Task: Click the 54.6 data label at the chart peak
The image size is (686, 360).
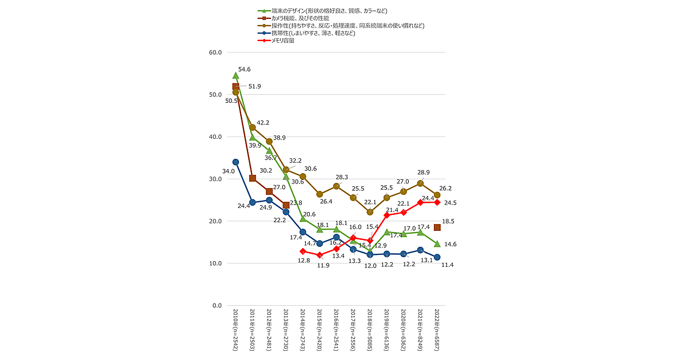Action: pos(245,70)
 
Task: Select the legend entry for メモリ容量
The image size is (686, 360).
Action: pos(284,41)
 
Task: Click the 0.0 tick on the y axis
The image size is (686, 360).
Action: pos(217,306)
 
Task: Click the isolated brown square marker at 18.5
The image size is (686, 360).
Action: pos(437,227)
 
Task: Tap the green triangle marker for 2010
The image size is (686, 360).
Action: pos(236,75)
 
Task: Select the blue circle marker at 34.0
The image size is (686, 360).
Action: pos(236,162)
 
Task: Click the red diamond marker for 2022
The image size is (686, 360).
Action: pos(437,202)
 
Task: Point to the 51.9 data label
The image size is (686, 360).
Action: pos(254,87)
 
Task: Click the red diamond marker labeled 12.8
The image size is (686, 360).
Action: pos(303,251)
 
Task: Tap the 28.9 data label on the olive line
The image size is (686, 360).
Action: pos(423,173)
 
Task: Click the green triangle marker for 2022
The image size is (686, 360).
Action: pos(437,244)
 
